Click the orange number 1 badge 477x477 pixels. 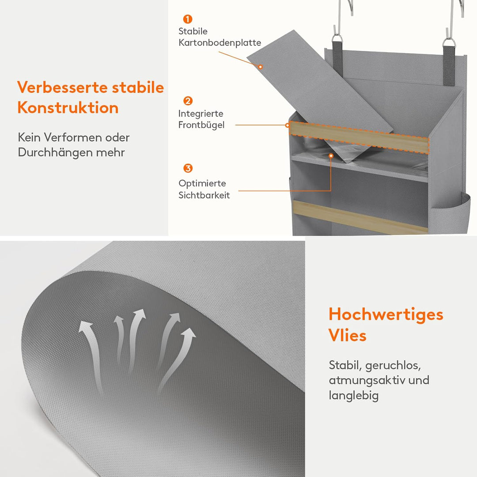(188, 19)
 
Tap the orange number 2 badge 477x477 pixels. (188, 101)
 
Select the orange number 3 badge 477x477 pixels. (188, 168)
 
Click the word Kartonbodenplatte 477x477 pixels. (220, 42)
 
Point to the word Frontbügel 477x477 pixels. (201, 125)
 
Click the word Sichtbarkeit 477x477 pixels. (204, 195)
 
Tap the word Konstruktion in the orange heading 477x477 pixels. (68, 108)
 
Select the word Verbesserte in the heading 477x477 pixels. (62, 87)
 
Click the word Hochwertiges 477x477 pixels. (386, 315)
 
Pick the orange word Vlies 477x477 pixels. (348, 335)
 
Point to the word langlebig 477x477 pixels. (353, 396)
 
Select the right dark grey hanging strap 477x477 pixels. (449, 65)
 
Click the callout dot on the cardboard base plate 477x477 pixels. (261, 67)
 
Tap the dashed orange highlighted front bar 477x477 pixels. (359, 137)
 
